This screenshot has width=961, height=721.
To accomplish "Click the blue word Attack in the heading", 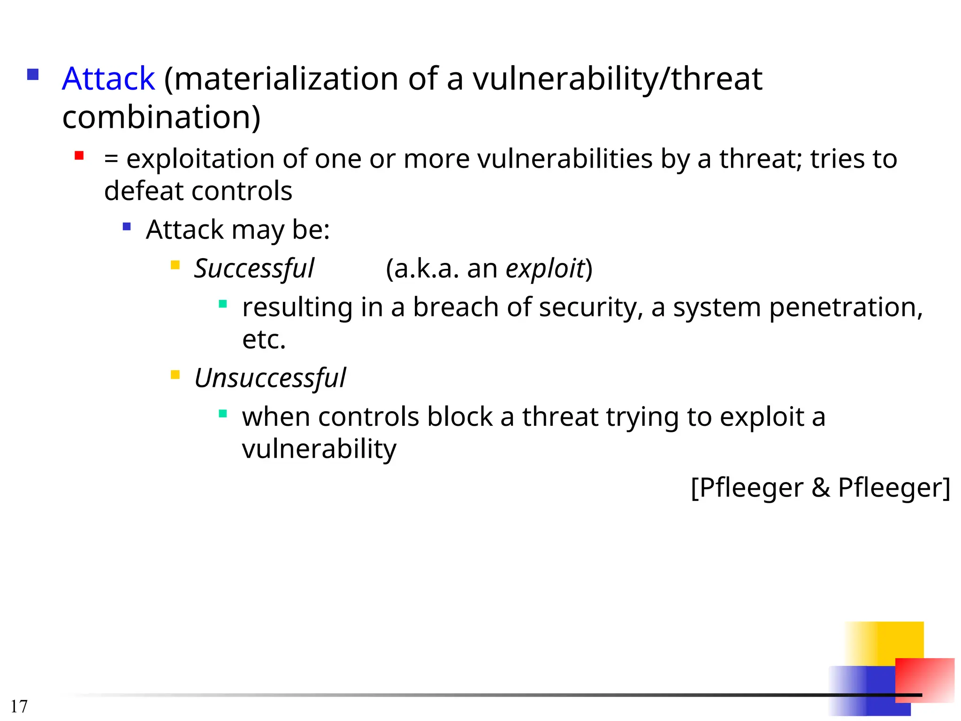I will click(x=108, y=78).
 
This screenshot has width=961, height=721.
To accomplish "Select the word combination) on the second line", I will click(x=161, y=117).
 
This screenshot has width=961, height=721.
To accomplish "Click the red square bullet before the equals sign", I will click(x=79, y=156).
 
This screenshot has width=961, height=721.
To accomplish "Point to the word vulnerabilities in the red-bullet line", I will click(x=565, y=159).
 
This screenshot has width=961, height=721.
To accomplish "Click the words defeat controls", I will click(x=198, y=191).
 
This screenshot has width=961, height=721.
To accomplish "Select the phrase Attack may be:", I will click(x=238, y=230).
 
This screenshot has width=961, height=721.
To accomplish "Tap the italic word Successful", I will click(x=254, y=268).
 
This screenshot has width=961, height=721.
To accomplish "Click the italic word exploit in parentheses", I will click(x=545, y=268).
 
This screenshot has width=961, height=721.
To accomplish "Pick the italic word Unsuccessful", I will click(x=270, y=378).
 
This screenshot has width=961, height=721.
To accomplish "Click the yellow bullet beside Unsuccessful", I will click(x=175, y=375).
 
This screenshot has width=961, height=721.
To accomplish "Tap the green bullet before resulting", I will click(x=223, y=304).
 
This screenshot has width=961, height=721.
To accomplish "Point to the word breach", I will click(x=455, y=307).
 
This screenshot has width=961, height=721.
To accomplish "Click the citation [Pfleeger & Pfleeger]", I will click(x=820, y=488).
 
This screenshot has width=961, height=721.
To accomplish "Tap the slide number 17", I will click(x=19, y=706).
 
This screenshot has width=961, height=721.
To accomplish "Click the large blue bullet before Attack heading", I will click(x=33, y=75).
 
